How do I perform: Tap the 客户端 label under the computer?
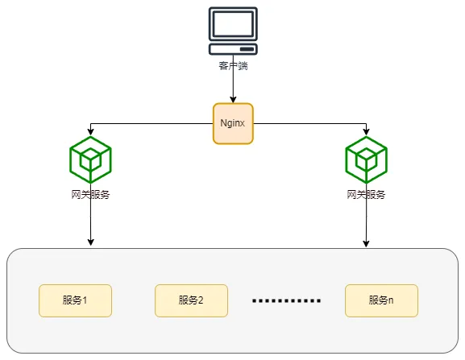click(x=233, y=65)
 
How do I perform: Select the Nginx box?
click(x=233, y=123)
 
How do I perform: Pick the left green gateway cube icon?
click(x=90, y=159)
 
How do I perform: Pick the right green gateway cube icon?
click(x=367, y=159)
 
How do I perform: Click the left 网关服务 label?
click(x=90, y=195)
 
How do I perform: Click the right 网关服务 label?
click(x=367, y=195)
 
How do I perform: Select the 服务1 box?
click(x=75, y=300)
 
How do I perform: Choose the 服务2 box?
click(x=191, y=300)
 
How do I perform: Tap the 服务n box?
click(x=381, y=300)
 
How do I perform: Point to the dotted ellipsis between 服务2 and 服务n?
click(x=286, y=301)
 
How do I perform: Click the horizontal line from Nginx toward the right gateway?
click(x=310, y=124)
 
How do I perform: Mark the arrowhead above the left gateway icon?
click(x=90, y=133)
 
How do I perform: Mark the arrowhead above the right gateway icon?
click(x=367, y=133)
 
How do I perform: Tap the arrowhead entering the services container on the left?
click(x=90, y=243)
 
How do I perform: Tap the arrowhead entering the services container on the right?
click(x=367, y=243)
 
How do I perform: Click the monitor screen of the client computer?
click(x=233, y=23)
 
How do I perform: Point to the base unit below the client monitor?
click(x=233, y=48)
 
